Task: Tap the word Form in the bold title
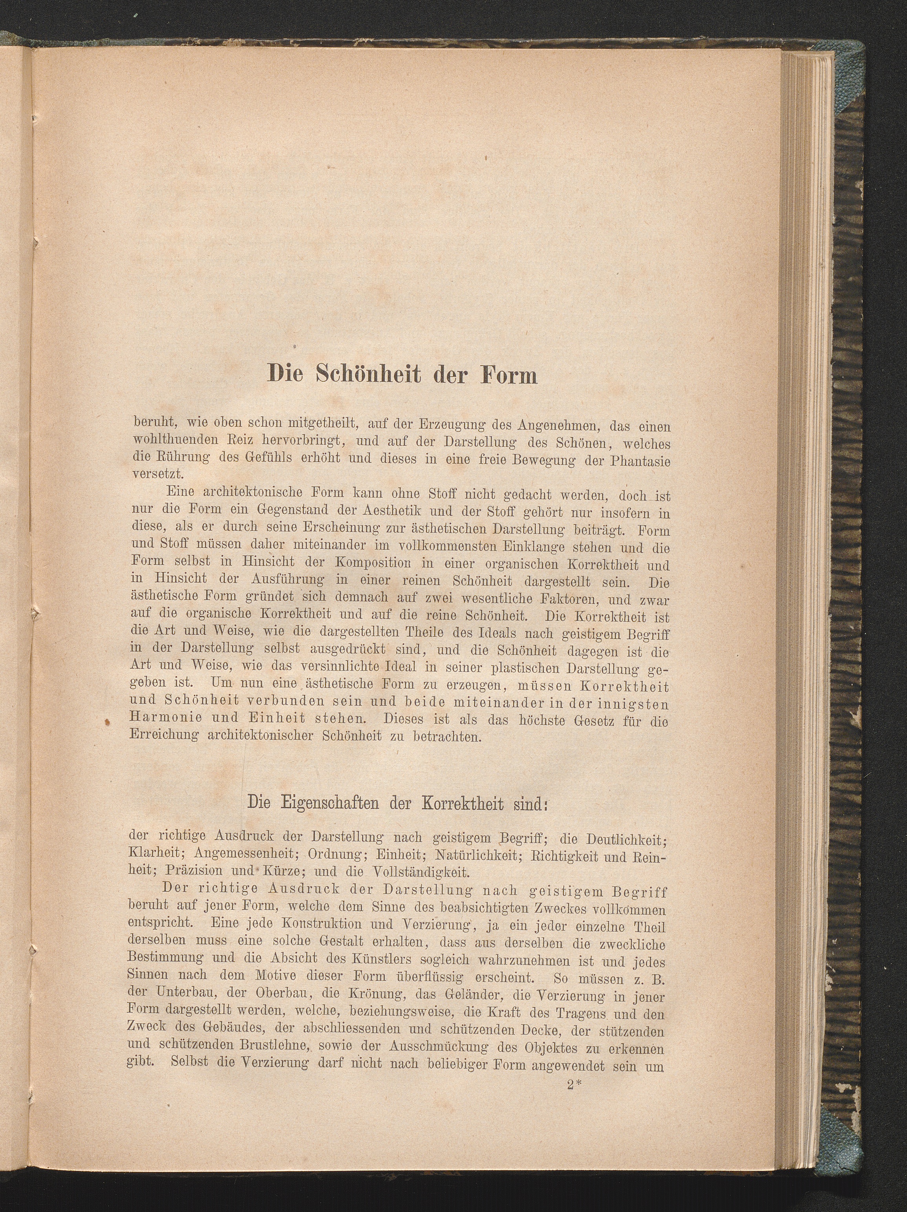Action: pos(508,375)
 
